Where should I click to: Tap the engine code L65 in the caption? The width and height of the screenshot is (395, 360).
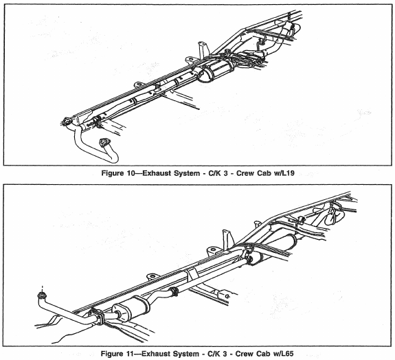point(286,354)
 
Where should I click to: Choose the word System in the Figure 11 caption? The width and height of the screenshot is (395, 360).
point(186,354)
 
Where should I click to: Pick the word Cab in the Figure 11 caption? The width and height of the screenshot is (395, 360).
point(263,354)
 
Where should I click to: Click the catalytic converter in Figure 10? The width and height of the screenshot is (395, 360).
point(216,71)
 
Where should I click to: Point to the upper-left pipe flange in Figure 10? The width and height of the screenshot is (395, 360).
point(67,121)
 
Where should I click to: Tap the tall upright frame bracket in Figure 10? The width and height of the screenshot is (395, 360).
point(203,50)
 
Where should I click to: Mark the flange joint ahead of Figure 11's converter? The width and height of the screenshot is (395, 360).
point(98,317)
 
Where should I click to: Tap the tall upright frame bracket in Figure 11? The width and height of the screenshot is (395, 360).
point(228,238)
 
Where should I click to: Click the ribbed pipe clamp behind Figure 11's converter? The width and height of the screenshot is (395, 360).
point(174,291)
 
